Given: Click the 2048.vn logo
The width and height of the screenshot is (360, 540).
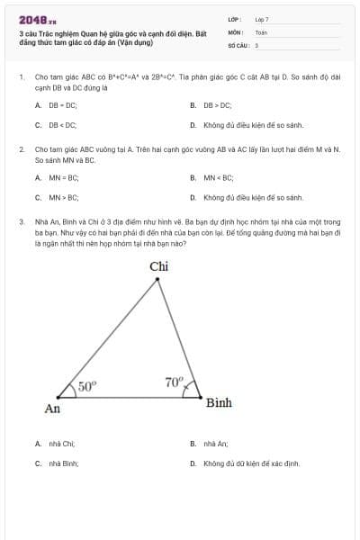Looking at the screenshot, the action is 37,19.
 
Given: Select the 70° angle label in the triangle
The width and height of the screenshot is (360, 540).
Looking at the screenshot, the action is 174,382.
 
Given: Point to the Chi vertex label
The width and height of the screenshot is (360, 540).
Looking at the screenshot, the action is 158,265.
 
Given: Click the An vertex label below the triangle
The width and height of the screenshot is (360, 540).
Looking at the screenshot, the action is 52,409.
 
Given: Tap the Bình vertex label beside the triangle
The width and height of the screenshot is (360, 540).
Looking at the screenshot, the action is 219,402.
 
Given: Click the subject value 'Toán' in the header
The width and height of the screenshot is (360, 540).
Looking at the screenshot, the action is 261,31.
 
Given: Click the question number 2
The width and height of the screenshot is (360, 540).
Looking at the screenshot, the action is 21,148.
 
